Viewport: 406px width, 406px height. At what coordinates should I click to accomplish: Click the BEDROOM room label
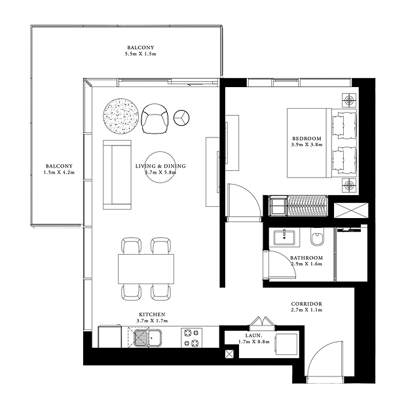(307, 139)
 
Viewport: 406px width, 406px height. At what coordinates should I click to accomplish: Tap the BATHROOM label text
(306, 258)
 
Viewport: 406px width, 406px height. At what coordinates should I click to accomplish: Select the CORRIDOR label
(306, 304)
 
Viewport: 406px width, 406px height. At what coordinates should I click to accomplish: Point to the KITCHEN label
(152, 314)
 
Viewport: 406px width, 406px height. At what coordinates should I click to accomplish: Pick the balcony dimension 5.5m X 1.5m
(141, 54)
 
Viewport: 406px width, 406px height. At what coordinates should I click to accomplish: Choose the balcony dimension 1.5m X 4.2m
(59, 172)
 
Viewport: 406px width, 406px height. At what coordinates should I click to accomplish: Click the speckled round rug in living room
(120, 117)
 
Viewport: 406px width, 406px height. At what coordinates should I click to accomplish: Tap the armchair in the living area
(155, 119)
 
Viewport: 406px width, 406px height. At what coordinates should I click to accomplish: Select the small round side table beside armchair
(181, 118)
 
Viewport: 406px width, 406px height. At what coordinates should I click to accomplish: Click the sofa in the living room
(117, 175)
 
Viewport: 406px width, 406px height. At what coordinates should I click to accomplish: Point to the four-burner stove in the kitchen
(191, 338)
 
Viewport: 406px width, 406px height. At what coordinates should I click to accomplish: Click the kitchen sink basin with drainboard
(147, 337)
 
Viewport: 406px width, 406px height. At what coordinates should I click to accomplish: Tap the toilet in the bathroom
(318, 236)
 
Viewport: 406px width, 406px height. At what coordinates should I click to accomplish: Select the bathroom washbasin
(284, 237)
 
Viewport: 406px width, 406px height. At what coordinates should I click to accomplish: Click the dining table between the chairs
(146, 269)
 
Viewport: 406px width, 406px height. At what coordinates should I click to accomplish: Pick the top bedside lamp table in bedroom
(349, 100)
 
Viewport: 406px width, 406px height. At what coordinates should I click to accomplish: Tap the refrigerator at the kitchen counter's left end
(109, 337)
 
